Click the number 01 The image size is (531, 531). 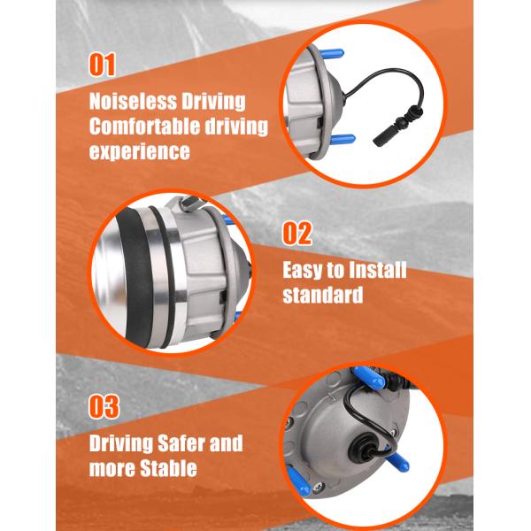point(103,65)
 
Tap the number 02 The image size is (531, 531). point(297,233)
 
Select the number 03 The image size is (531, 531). point(104,406)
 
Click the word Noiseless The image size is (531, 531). point(133,101)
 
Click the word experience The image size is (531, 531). point(140,151)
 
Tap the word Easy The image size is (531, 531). point(303,271)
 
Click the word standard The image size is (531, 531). point(323,295)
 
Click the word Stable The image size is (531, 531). point(168,468)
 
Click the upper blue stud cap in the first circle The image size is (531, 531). point(332,54)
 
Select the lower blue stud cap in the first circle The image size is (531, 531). point(342,139)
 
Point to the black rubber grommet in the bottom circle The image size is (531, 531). point(362,447)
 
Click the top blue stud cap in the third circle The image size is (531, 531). point(369,377)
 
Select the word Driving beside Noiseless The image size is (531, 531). point(213,102)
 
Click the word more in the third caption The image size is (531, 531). point(112,469)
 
